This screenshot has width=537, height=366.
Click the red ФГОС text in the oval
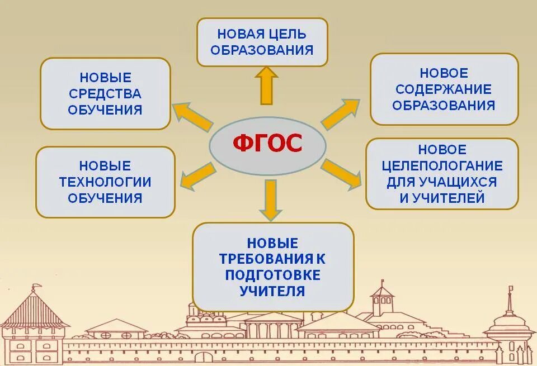(x=267, y=144)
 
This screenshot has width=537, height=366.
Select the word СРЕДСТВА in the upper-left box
(x=105, y=93)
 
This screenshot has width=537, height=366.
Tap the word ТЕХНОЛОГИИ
(x=105, y=182)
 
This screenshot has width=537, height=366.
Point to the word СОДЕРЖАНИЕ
(x=444, y=89)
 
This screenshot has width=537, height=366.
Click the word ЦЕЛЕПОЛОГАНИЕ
(x=442, y=166)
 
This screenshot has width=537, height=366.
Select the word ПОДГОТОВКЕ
(x=273, y=275)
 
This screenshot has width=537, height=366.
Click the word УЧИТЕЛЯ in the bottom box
(x=273, y=291)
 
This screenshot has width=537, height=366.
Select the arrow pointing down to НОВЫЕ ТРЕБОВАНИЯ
(x=271, y=200)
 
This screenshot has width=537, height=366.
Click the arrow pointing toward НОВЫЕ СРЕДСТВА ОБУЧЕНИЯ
(x=192, y=114)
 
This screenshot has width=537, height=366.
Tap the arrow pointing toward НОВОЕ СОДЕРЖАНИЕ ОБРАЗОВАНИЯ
(x=340, y=114)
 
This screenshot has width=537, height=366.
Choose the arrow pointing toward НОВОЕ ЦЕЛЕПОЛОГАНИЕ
(x=342, y=174)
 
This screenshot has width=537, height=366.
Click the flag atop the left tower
(x=36, y=288)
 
